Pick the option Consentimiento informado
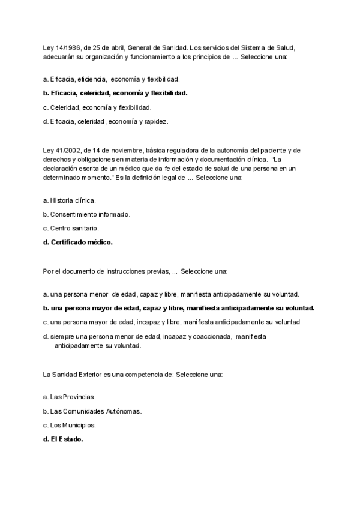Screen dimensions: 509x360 [90, 214]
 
